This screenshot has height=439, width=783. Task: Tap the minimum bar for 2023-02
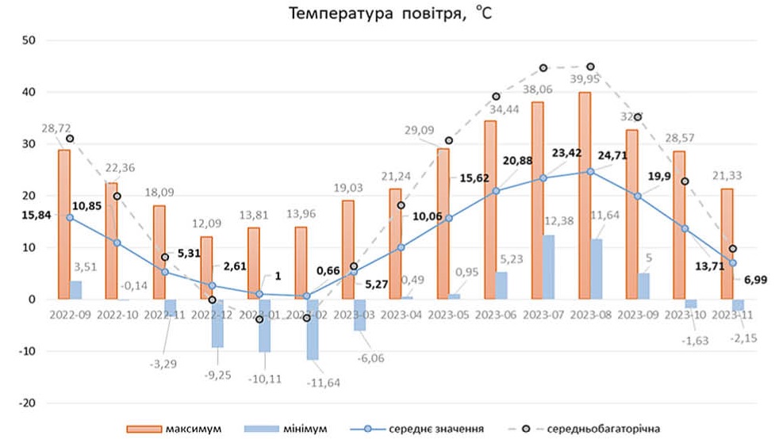313,330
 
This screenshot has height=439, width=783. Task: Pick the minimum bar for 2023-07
548,267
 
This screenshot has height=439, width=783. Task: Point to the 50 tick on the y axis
29,40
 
